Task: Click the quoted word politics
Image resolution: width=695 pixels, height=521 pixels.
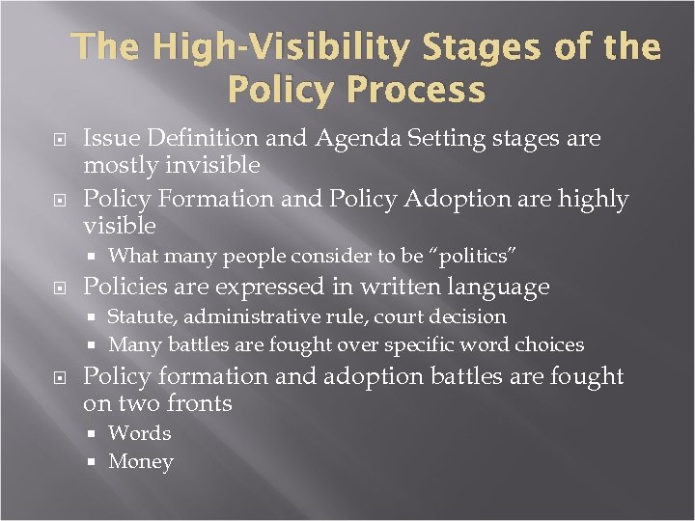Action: pos(472,257)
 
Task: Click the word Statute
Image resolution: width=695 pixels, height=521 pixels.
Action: pos(142,316)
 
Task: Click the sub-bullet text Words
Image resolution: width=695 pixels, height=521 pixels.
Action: pos(139,433)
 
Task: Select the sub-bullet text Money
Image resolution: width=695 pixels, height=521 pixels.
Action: pos(141,462)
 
